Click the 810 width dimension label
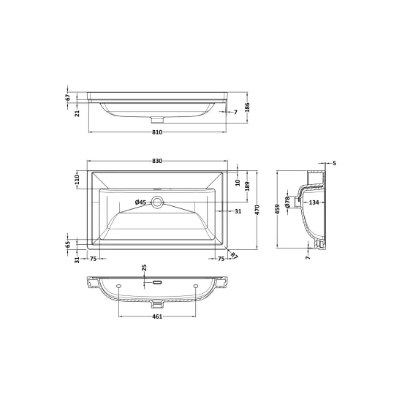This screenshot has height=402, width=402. (x=157, y=132)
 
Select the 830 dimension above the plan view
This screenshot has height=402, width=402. (x=157, y=161)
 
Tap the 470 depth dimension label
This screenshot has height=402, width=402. (x=257, y=210)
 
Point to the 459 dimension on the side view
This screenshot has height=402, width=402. (x=277, y=209)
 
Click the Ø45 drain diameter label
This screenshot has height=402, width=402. (x=140, y=202)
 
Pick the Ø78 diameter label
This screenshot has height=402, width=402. (x=287, y=202)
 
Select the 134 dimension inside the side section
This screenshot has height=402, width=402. (x=314, y=202)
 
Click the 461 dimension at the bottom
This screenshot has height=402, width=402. (x=157, y=316)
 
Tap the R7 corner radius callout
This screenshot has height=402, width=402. (x=235, y=256)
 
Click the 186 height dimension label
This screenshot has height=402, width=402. (x=247, y=107)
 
